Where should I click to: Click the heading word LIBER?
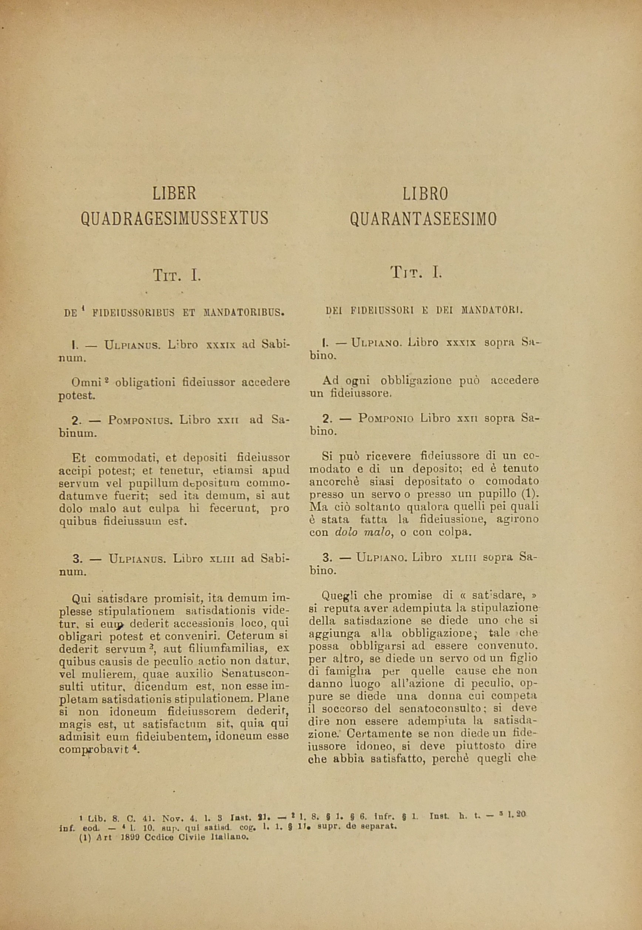[174, 194]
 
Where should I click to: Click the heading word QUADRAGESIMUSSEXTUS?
[174, 218]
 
